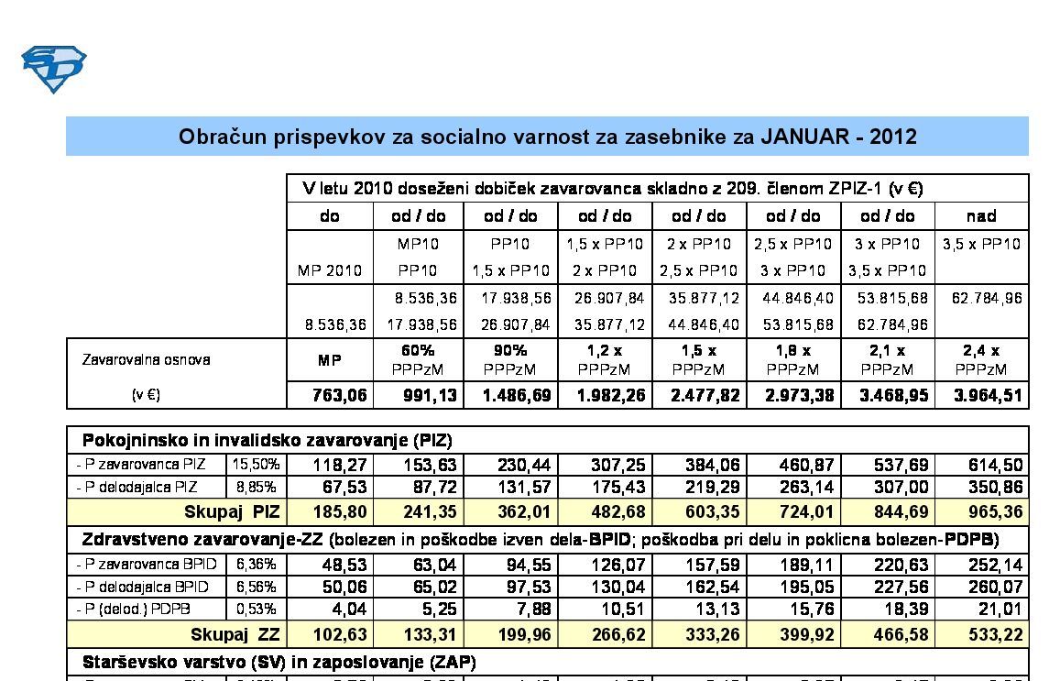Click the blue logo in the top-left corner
(x=53, y=69)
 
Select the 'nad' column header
(x=981, y=216)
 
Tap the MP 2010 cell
(x=330, y=271)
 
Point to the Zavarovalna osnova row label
(x=143, y=359)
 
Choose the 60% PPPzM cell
(x=418, y=359)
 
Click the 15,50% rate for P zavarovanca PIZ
(x=256, y=465)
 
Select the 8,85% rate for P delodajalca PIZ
(x=256, y=487)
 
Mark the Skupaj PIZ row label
(x=232, y=511)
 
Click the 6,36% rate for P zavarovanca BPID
(x=256, y=565)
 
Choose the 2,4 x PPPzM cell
(x=981, y=359)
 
